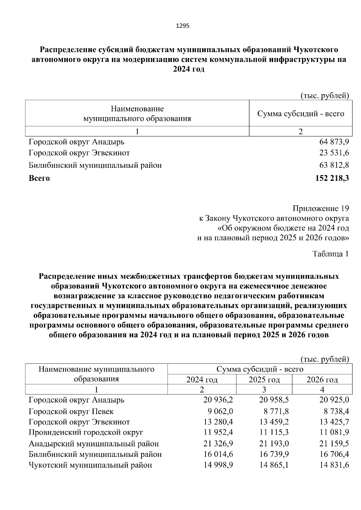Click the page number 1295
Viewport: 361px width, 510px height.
[182, 26]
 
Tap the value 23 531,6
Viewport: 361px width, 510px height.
[334, 153]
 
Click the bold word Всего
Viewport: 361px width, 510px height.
[39, 178]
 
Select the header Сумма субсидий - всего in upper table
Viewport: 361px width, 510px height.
[301, 114]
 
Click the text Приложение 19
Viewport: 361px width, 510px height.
[320, 208]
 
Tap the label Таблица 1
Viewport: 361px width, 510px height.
[330, 254]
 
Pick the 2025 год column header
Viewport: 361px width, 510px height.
[264, 380]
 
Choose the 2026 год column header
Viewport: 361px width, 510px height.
[322, 380]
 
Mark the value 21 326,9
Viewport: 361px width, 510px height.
[218, 444]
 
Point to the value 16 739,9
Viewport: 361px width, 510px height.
[274, 454]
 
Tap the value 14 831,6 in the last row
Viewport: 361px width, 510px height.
[334, 465]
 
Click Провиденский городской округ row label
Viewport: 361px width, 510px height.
[86, 433]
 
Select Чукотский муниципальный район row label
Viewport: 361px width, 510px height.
[90, 465]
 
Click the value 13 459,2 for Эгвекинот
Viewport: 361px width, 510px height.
[274, 422]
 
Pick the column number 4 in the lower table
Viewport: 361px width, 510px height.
[322, 390]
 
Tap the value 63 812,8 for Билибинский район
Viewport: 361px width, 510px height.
[334, 165]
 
